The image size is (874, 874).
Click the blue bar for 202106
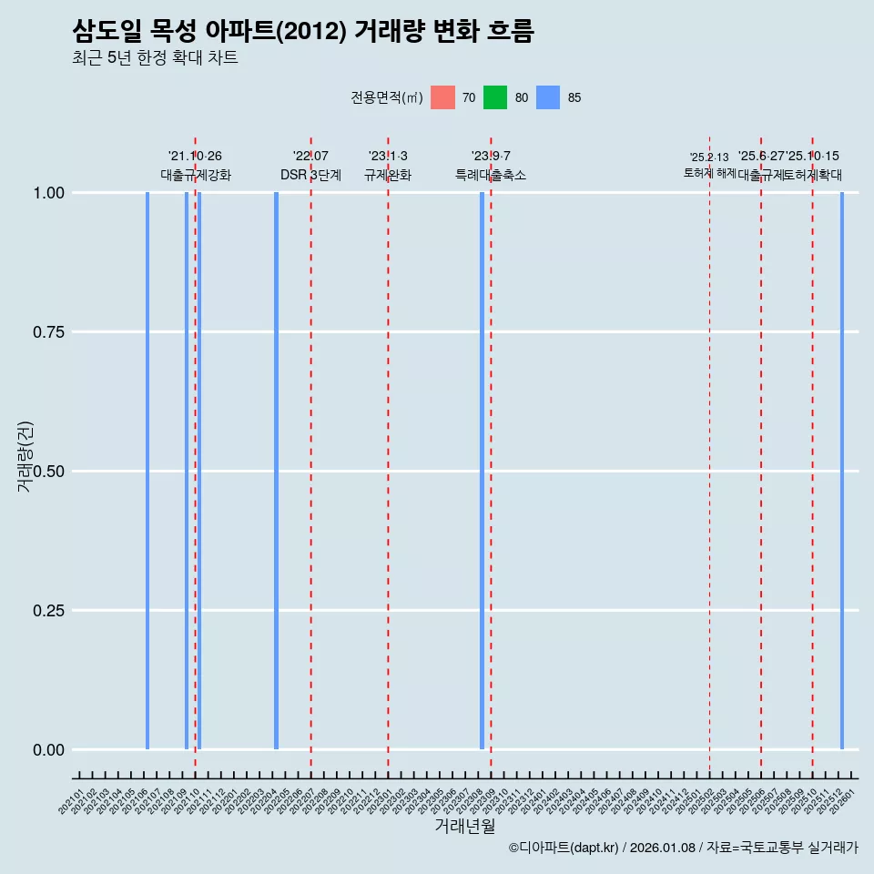pos(147,471)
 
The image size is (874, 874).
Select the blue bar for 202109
pos(187,471)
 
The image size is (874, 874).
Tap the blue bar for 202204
pos(276,471)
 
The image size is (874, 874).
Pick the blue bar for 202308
pos(482,471)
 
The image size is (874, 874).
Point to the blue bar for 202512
pos(842,471)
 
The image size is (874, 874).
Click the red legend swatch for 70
pos(442,97)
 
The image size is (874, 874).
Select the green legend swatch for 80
pos(495,97)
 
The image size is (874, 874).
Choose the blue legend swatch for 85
pos(548,97)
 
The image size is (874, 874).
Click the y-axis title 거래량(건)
pos(25,456)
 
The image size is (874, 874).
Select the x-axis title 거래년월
pos(464,827)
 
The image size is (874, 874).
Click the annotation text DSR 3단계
pos(310,175)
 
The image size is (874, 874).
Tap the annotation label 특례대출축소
pos(491,175)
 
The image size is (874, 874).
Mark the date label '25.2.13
pos(709,158)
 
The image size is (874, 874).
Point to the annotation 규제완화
pos(388,175)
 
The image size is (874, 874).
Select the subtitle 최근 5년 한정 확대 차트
pos(155,58)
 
